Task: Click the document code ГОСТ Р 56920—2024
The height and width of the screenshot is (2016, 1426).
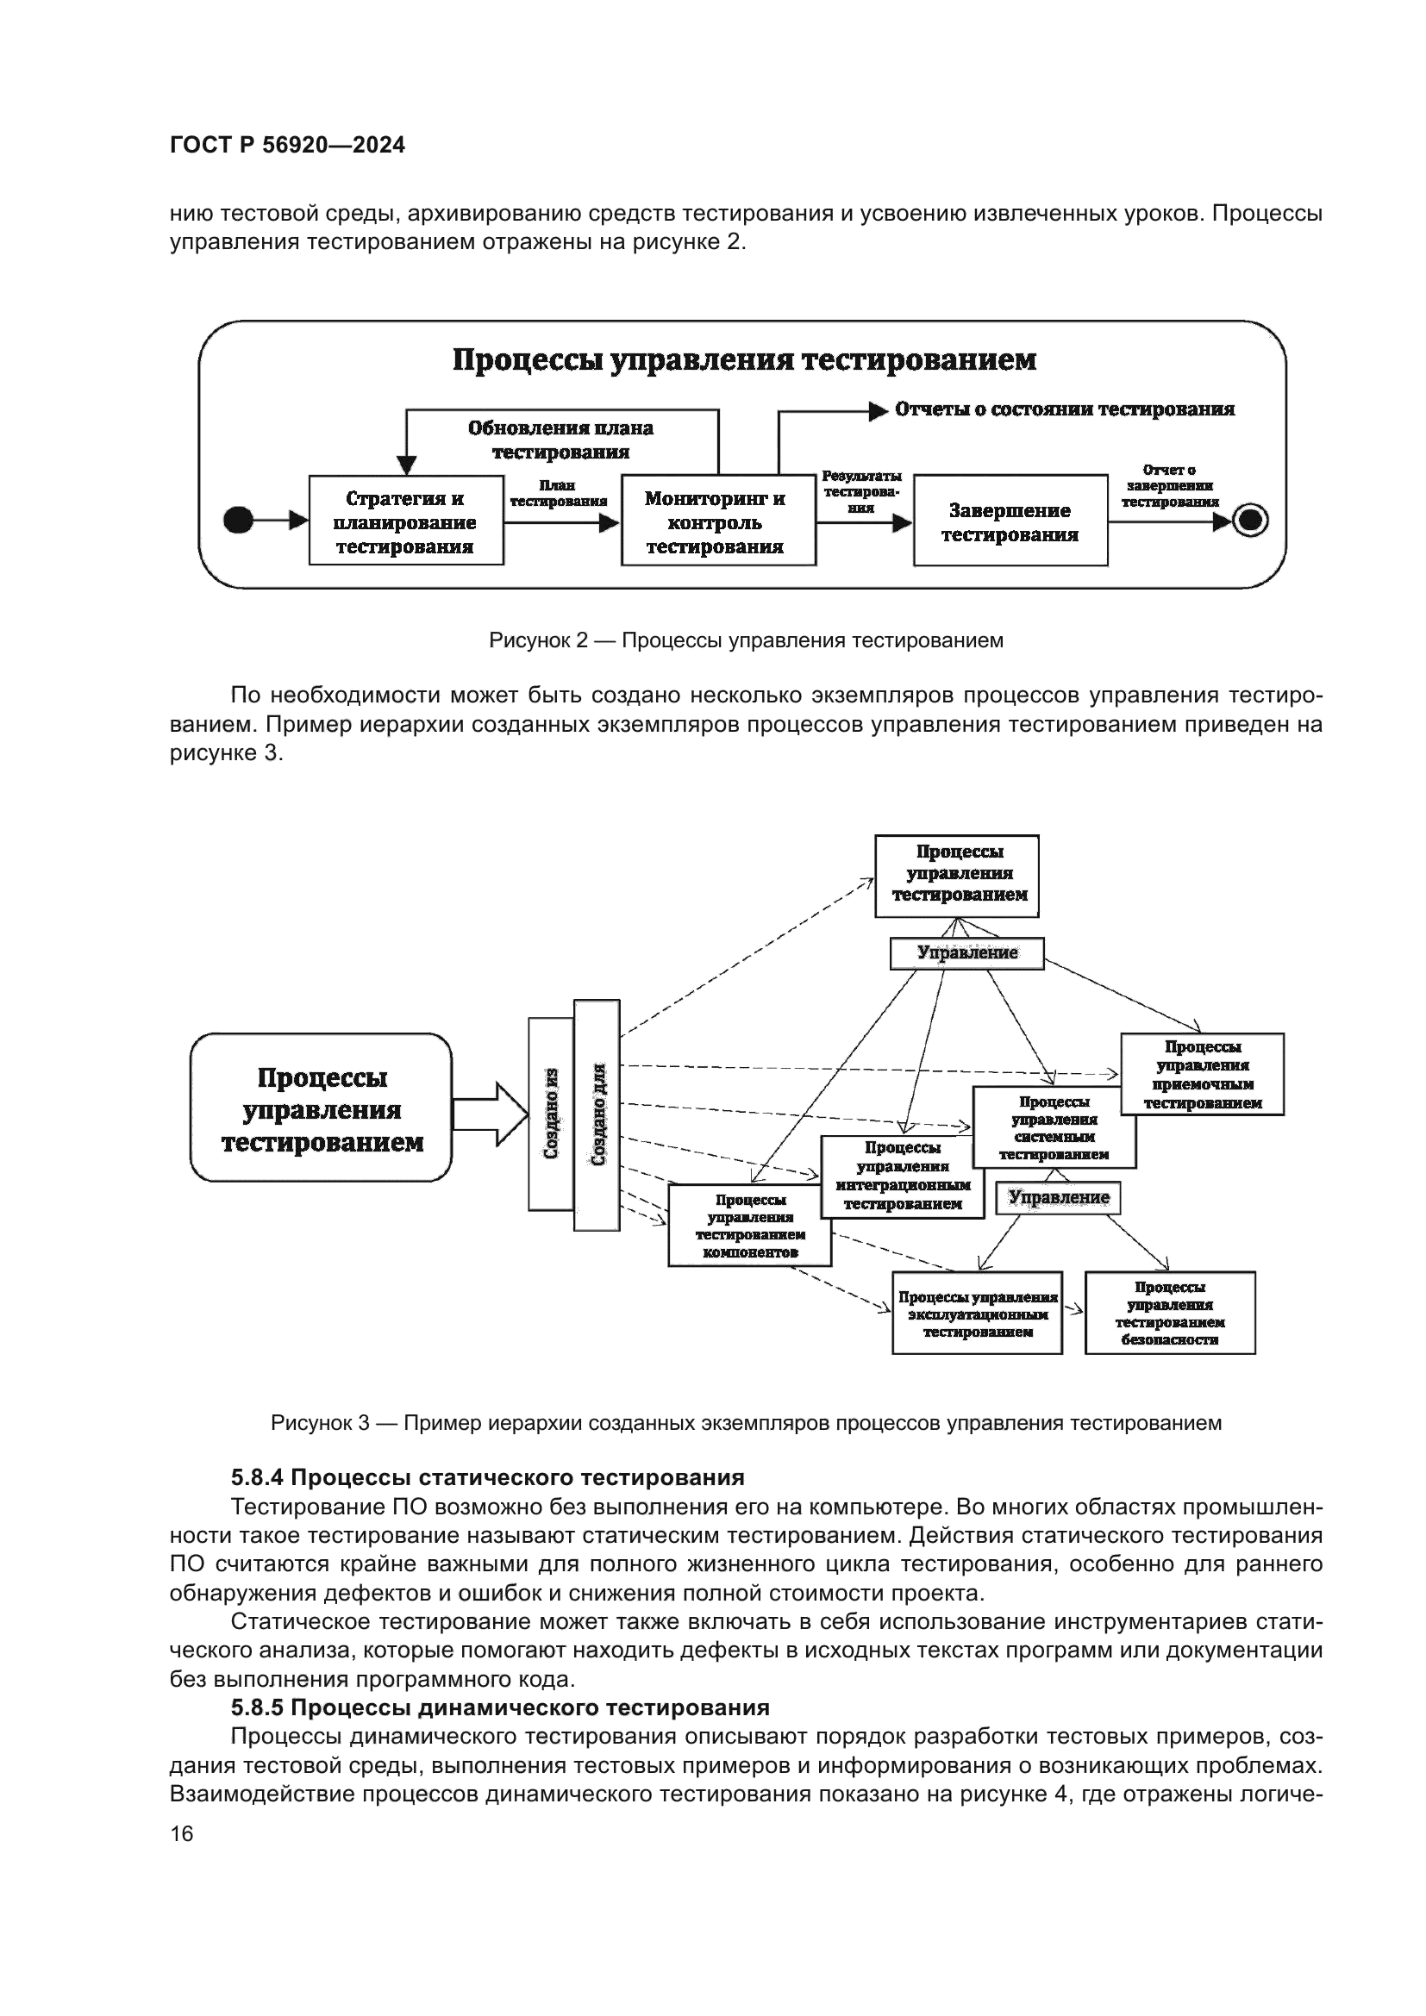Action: pos(287,146)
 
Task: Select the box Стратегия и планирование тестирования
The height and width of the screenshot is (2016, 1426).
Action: pos(406,521)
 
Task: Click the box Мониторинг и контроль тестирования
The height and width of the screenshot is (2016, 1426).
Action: pos(717,521)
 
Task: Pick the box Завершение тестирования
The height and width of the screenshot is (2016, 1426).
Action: pos(1010,521)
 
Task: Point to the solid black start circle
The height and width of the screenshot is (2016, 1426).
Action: pos(238,521)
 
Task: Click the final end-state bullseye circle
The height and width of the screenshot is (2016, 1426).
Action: pos(1250,521)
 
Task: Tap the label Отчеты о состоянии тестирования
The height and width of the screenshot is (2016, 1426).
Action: pos(1064,409)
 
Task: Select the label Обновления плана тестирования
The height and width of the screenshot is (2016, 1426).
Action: pos(560,440)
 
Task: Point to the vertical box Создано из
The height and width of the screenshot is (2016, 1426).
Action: pos(551,1114)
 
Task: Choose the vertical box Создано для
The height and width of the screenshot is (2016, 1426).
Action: pos(597,1114)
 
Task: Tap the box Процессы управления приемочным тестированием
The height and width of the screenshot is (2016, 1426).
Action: pos(1202,1074)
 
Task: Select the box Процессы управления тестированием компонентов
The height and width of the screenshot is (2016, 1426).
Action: pos(749,1225)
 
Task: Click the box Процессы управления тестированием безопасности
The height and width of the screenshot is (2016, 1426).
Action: pos(1170,1313)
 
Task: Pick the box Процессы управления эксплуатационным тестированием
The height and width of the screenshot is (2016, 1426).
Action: pos(977,1314)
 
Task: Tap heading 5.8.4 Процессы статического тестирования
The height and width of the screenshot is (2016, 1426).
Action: pos(487,1477)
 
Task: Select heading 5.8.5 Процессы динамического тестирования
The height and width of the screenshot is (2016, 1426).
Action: pos(500,1707)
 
